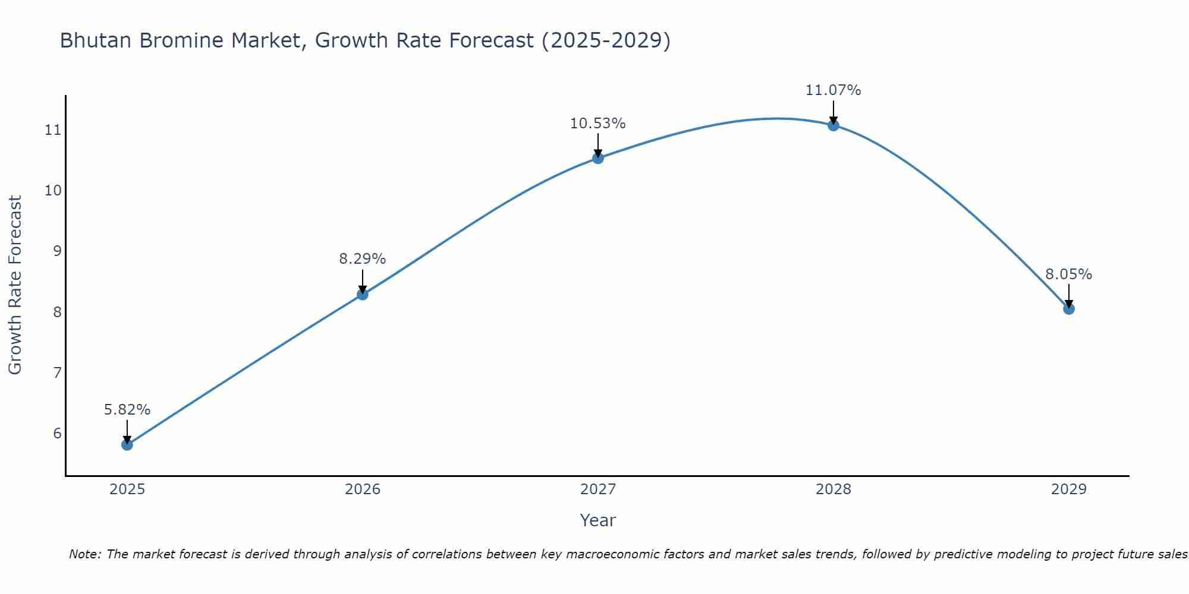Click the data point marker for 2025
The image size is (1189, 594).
[x=127, y=444]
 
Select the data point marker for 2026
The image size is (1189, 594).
[x=363, y=294]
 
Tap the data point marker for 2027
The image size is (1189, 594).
[x=598, y=158]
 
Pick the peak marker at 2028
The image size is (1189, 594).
[x=833, y=125]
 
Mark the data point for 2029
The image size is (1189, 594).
[x=1069, y=309]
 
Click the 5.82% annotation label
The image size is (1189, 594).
[x=127, y=410]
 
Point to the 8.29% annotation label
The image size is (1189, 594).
[x=363, y=259]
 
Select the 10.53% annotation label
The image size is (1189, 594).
[x=598, y=124]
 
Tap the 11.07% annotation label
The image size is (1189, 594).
[x=833, y=90]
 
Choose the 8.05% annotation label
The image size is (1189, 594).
[x=1069, y=274]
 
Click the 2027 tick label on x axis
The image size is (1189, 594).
[x=598, y=489]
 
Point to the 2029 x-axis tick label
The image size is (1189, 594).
[x=1069, y=489]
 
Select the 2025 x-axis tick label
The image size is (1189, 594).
[x=127, y=489]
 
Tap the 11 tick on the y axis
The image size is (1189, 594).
[x=54, y=129]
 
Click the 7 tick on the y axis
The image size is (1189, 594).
[x=57, y=372]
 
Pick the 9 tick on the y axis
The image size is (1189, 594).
[x=57, y=251]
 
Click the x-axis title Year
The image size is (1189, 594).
[x=598, y=520]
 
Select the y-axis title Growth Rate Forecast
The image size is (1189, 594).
[x=15, y=285]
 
